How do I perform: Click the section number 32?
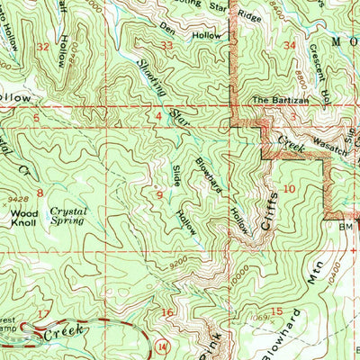(41, 46)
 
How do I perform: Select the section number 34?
(288, 44)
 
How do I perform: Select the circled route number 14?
(160, 345)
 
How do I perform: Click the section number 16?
(166, 312)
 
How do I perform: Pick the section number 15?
(277, 311)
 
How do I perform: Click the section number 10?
(288, 188)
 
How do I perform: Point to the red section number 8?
(40, 193)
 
